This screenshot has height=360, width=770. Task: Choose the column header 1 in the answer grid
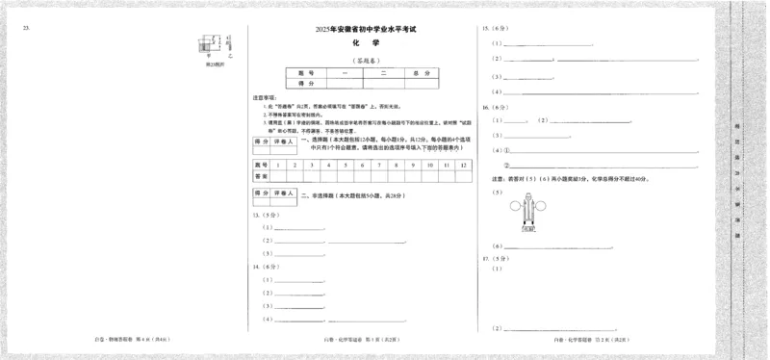tap(277, 165)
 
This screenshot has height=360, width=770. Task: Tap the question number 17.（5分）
tap(492, 260)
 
